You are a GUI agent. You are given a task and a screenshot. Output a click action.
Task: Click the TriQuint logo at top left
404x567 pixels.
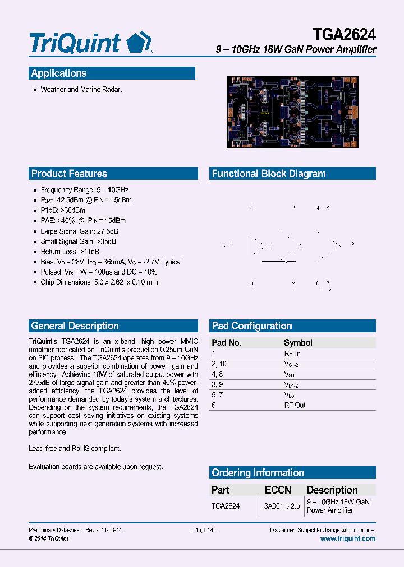90,43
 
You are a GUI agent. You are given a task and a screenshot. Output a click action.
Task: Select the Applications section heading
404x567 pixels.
59,73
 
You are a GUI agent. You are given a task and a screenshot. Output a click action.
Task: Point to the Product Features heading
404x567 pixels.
69,174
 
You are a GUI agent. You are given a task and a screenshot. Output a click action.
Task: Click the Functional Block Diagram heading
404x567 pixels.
269,174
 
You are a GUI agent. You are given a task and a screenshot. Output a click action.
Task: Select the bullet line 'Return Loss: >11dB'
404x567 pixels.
70,252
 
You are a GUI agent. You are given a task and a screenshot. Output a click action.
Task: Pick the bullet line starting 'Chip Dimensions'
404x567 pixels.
99,282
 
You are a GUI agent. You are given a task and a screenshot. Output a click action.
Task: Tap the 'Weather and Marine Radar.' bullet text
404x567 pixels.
81,90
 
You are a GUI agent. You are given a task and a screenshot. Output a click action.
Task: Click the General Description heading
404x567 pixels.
75,326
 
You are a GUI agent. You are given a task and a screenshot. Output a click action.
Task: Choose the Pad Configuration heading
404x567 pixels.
252,326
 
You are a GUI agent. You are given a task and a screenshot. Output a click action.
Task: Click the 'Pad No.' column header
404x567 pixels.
226,343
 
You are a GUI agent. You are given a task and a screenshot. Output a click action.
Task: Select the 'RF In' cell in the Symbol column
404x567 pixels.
292,354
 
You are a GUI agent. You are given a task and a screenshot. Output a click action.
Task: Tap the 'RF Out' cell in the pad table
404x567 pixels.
295,405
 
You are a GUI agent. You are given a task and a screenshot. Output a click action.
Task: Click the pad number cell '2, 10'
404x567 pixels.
219,364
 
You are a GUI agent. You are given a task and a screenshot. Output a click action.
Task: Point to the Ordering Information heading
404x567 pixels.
258,473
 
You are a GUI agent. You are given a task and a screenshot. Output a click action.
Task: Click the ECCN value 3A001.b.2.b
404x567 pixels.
282,506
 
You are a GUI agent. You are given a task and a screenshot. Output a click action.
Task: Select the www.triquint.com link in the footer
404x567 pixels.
347,538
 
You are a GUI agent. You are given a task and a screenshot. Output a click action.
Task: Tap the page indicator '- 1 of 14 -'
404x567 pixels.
204,530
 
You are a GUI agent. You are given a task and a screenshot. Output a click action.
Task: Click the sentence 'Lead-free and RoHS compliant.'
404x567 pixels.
75,449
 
